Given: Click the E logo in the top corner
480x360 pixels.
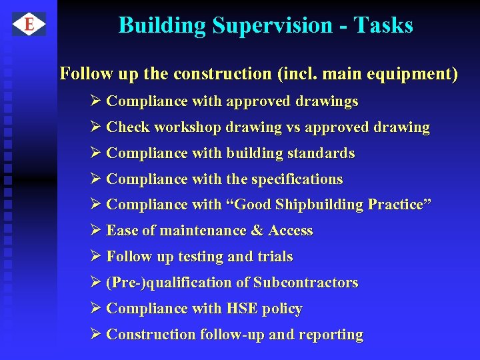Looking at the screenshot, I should click(29, 25).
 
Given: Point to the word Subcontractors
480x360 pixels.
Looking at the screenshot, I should click(306, 283).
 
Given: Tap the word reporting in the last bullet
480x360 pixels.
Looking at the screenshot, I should click(331, 335).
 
